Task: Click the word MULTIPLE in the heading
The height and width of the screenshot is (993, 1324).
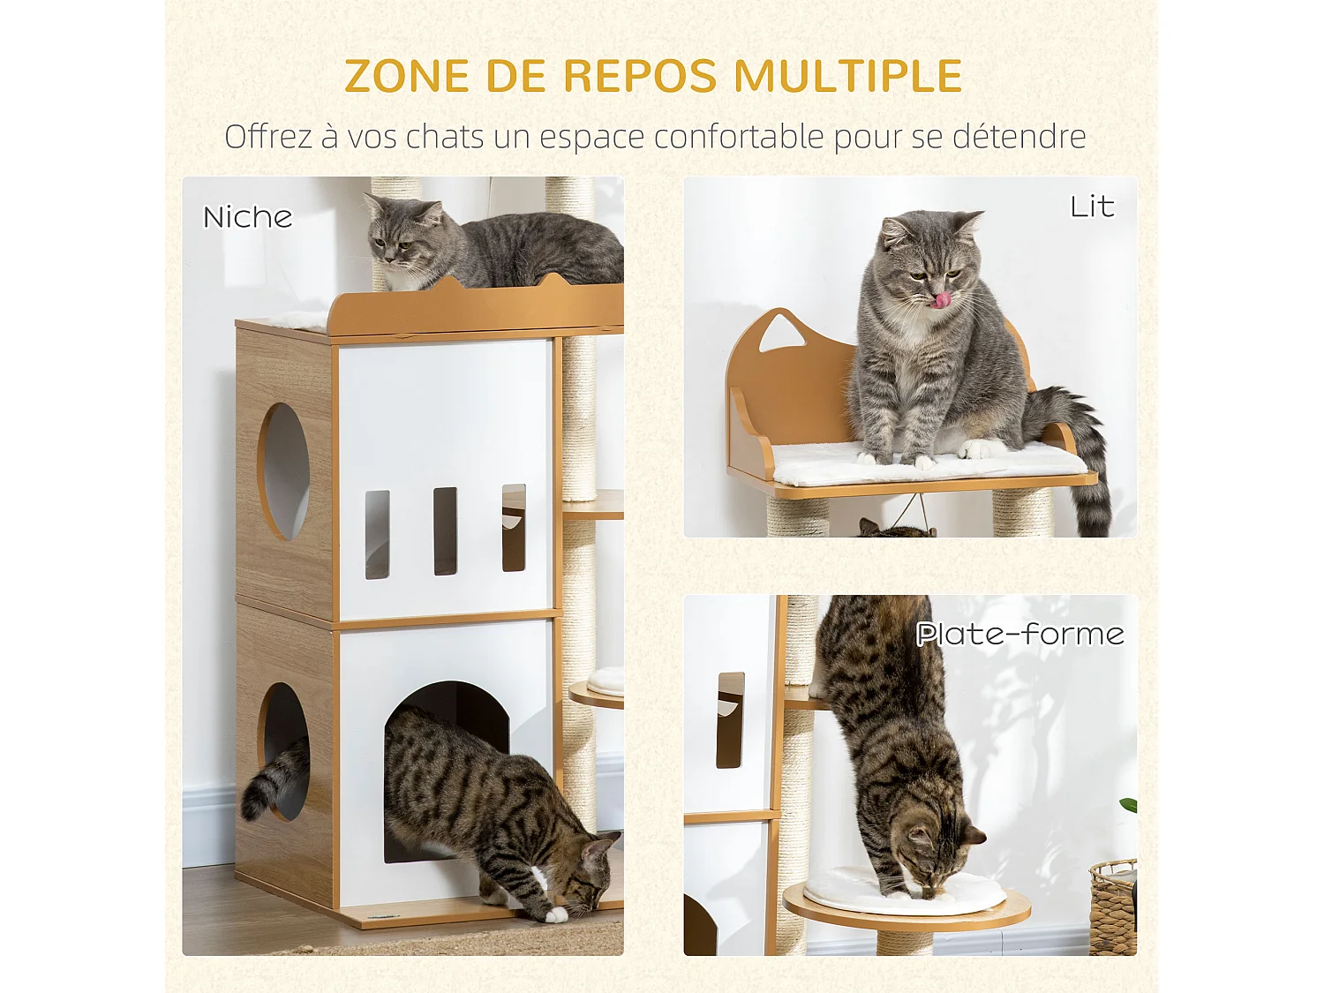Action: [847, 76]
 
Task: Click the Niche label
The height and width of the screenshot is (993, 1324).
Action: [247, 217]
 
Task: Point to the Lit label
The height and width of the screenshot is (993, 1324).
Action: [1092, 207]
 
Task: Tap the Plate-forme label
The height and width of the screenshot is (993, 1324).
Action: [1019, 634]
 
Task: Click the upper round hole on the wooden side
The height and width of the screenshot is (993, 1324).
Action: [285, 471]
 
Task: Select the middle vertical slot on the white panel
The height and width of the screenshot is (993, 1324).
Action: [445, 531]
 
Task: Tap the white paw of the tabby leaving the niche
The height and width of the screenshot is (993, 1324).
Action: [555, 914]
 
